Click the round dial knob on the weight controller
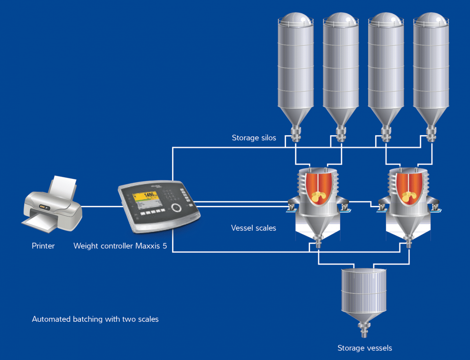(x=177, y=207)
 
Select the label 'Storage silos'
(x=254, y=138)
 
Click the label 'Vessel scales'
(x=253, y=228)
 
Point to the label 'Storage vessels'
(x=365, y=348)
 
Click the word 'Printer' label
(x=43, y=246)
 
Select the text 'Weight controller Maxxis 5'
(x=120, y=246)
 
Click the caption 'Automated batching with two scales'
(x=95, y=319)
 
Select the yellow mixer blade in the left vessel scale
(x=317, y=197)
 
